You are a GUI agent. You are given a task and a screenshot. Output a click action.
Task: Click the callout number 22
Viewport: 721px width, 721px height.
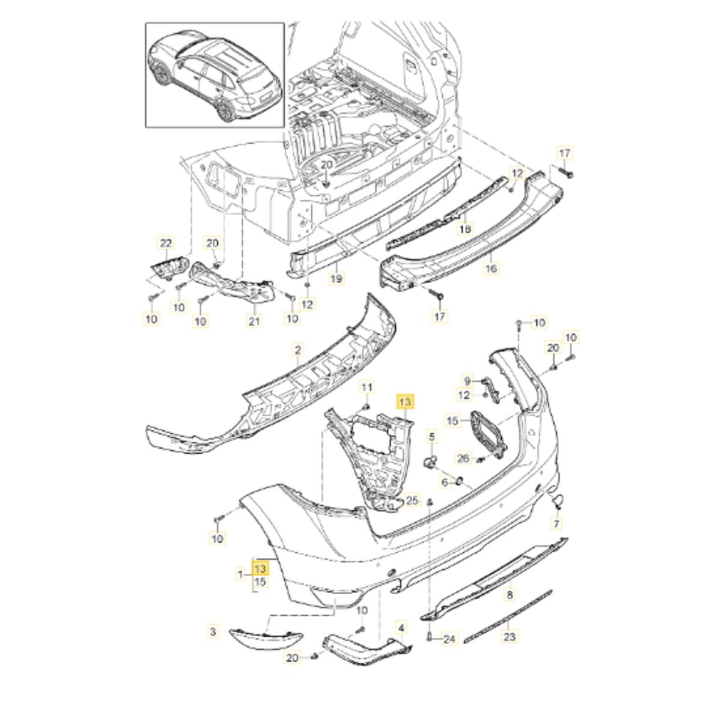pos(165,243)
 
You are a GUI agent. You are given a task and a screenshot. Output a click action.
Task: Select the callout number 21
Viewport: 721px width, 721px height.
pos(254,321)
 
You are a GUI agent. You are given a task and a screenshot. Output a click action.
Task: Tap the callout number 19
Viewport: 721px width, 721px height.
pos(336,278)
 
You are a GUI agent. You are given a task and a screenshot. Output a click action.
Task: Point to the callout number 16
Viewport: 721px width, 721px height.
pos(491,269)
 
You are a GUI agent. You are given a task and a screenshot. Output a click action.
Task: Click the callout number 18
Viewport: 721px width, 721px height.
pos(466,229)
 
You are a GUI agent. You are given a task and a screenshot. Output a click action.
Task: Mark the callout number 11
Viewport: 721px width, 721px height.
pos(367,388)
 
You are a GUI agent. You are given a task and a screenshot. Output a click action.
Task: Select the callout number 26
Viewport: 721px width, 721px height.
pos(463,458)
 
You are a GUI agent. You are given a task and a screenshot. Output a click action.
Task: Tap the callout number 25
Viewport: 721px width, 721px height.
pos(412,499)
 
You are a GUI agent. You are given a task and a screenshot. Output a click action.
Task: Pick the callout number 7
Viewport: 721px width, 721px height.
pos(557,524)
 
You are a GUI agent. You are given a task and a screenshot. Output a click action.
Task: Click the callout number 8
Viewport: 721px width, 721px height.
pos(510,595)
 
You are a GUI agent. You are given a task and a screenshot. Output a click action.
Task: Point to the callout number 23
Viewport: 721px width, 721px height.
pos(510,636)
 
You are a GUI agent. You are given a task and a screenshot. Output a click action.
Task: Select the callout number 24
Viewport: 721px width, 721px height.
pos(449,639)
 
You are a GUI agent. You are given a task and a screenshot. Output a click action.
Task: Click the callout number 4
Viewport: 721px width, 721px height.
pos(402,628)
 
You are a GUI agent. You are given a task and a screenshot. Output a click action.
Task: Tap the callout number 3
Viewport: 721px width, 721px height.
pos(213,631)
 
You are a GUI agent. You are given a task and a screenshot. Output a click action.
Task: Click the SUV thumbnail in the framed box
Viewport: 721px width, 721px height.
pos(214,75)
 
